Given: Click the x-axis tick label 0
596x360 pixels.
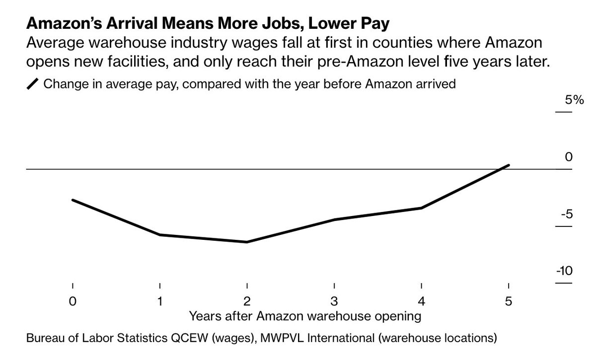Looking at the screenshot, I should point(73,301).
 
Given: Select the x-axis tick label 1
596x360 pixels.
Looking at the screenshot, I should point(160,301).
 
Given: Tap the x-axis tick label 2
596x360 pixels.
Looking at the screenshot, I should point(247,301).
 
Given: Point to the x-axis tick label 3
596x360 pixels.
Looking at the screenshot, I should point(334,301).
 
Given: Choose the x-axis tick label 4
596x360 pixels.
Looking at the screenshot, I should point(421,301).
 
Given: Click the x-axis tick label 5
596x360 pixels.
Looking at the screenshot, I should point(508,301).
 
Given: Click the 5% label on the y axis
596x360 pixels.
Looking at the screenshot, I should point(563,100).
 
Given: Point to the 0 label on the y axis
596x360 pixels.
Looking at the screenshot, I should point(569,157).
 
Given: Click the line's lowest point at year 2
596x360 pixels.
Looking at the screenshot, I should point(247,242).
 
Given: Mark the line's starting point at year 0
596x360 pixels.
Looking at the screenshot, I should point(73,200).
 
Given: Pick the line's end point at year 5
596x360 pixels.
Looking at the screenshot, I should point(508,165).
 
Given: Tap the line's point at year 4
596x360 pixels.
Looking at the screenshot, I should point(421,208).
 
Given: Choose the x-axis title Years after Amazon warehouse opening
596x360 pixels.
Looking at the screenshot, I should point(305,315).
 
